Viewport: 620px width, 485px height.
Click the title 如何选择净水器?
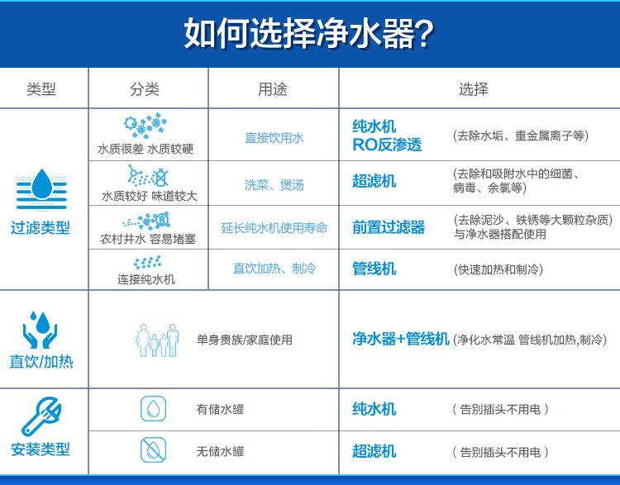pyautogui.click(x=309, y=34)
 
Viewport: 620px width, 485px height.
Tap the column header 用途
pyautogui.click(x=273, y=89)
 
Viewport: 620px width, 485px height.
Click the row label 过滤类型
pyautogui.click(x=41, y=228)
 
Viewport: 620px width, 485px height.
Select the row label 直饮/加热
pyautogui.click(x=41, y=362)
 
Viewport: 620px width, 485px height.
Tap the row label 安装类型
pyautogui.click(x=41, y=450)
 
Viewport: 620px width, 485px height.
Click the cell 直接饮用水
pyautogui.click(x=274, y=138)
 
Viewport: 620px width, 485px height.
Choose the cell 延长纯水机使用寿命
pyautogui.click(x=274, y=228)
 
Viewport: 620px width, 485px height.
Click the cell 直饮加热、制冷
pyautogui.click(x=274, y=269)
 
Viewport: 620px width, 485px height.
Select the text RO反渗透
pyautogui.click(x=387, y=145)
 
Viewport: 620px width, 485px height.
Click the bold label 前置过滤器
pyautogui.click(x=389, y=227)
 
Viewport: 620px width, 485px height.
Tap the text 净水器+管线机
pyautogui.click(x=401, y=339)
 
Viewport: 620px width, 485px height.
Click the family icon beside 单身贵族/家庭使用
pyautogui.click(x=157, y=340)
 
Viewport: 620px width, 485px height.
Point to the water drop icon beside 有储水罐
pyautogui.click(x=153, y=408)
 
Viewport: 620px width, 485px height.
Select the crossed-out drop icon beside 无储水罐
pyautogui.click(x=153, y=450)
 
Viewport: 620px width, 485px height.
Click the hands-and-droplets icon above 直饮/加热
pyautogui.click(x=40, y=329)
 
